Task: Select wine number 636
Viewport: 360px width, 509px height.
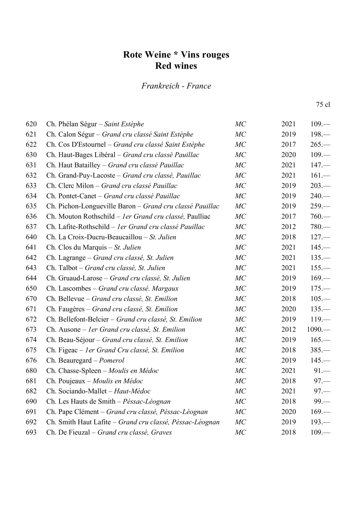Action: point(31,217)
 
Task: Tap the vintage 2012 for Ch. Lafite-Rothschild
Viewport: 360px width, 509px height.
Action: point(288,227)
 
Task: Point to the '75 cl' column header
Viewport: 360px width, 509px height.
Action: point(323,105)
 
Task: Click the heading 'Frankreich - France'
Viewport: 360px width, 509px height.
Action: point(176,86)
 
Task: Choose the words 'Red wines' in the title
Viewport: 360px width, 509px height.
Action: point(176,66)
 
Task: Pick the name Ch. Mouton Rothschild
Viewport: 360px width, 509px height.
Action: point(80,217)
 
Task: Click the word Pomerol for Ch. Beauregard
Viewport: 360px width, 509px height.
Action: point(111,360)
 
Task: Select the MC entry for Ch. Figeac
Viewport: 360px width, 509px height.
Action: point(240,350)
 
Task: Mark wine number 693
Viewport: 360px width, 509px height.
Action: point(31,432)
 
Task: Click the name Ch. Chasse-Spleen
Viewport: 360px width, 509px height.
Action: point(74,371)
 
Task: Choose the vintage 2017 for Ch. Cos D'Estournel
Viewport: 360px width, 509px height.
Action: point(288,144)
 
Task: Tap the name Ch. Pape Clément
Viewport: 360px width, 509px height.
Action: point(73,412)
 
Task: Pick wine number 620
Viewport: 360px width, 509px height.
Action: point(31,124)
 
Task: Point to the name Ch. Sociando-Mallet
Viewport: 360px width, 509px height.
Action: point(77,391)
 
